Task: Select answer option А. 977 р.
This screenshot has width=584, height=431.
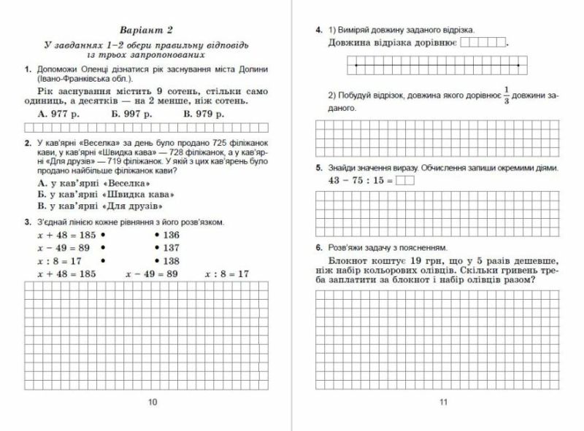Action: [59, 113]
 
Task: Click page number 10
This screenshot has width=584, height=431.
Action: [153, 402]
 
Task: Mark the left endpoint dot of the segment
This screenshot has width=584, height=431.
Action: [356, 66]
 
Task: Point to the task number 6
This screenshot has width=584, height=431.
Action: [319, 248]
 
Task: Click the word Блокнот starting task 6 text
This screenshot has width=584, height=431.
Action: [351, 260]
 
